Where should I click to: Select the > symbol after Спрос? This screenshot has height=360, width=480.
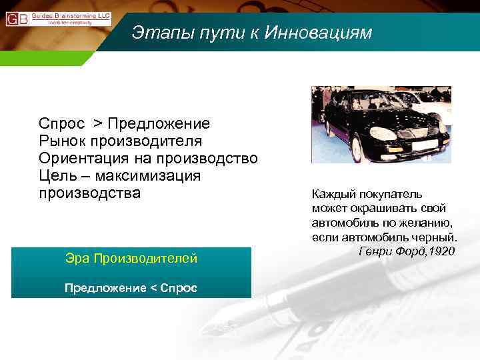(97, 124)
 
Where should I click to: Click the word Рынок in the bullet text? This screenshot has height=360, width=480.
(60, 141)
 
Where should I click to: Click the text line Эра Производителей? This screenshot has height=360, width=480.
(131, 258)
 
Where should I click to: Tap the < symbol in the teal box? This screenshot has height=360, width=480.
(155, 288)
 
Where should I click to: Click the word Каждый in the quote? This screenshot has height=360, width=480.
(331, 194)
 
